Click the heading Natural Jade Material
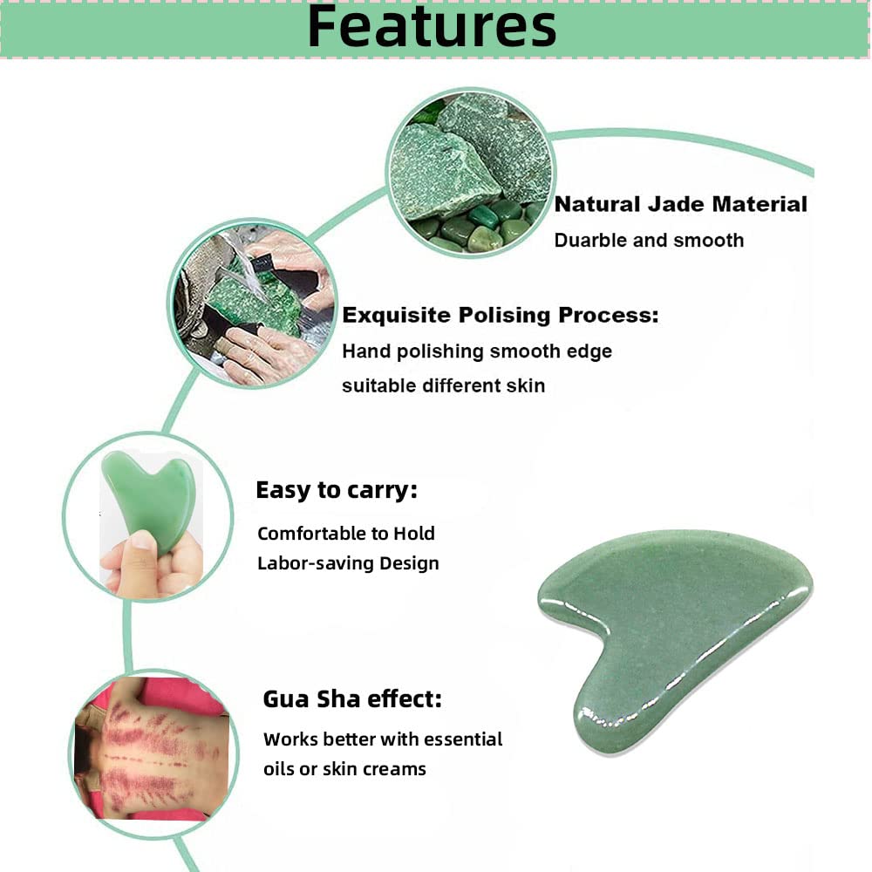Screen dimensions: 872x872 pos(681,204)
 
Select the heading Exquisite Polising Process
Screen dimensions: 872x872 pos(501,315)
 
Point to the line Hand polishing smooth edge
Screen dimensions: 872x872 pos(477,351)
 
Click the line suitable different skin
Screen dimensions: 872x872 pos(443,385)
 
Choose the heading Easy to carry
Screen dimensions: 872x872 pos(337,490)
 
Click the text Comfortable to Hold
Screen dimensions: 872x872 pos(346,533)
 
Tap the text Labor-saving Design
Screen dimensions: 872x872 pos(348,563)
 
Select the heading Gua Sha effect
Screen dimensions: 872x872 pos(352,698)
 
